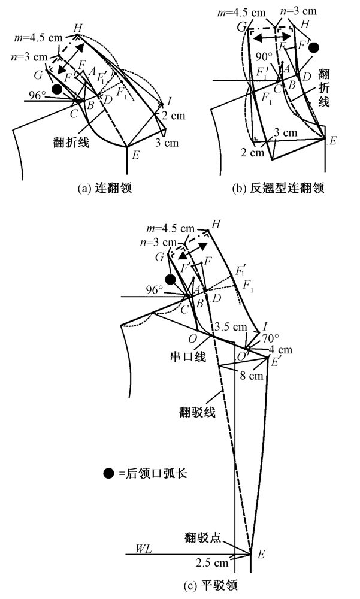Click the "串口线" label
click(x=192, y=356)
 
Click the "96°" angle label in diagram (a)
click(x=38, y=94)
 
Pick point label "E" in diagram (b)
click(x=333, y=140)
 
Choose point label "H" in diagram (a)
click(x=77, y=28)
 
